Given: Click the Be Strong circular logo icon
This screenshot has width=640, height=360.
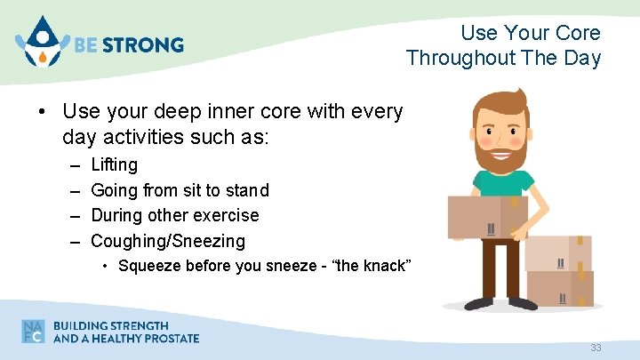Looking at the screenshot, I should (40, 43).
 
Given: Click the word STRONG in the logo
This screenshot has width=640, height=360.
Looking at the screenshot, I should (150, 44).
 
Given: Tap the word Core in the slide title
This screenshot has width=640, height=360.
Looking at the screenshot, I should (580, 33).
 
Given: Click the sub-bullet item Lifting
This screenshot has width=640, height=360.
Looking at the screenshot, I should (115, 164).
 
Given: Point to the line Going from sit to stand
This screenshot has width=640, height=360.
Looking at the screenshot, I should (180, 190).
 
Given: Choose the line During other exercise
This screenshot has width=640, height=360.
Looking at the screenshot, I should (175, 215).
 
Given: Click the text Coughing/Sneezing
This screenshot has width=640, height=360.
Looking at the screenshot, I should (168, 241).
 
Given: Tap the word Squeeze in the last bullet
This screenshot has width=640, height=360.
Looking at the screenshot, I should (149, 265).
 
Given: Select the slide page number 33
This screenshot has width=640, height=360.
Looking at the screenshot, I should (596, 348).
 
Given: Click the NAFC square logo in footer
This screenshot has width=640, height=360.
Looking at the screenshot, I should (34, 332).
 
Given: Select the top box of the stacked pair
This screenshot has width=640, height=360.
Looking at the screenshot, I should (558, 252).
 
